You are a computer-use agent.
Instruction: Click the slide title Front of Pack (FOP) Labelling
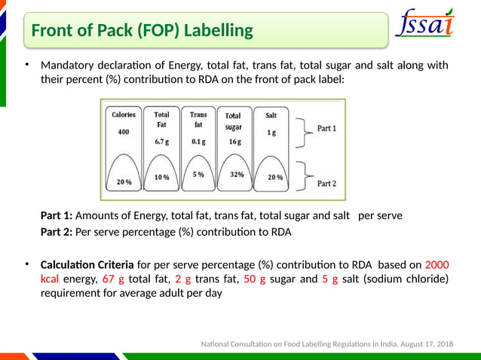point(142,31)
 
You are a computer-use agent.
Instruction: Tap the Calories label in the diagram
point(124,115)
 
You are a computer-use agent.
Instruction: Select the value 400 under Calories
point(124,132)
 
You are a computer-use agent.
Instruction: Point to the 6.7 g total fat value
point(162,142)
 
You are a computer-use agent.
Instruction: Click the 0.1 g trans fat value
point(198,142)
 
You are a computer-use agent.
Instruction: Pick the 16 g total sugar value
point(234,142)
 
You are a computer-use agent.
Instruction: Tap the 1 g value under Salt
point(271,133)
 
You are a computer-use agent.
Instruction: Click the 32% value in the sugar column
point(236,174)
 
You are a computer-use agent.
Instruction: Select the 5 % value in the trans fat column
point(198,174)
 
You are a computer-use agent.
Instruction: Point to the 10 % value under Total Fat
point(161,178)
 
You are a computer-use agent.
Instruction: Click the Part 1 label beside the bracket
point(326,128)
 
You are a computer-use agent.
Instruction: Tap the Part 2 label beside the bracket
point(326,183)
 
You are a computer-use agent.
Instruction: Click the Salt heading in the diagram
point(271,115)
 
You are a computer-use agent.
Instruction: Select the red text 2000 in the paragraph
point(437,265)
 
